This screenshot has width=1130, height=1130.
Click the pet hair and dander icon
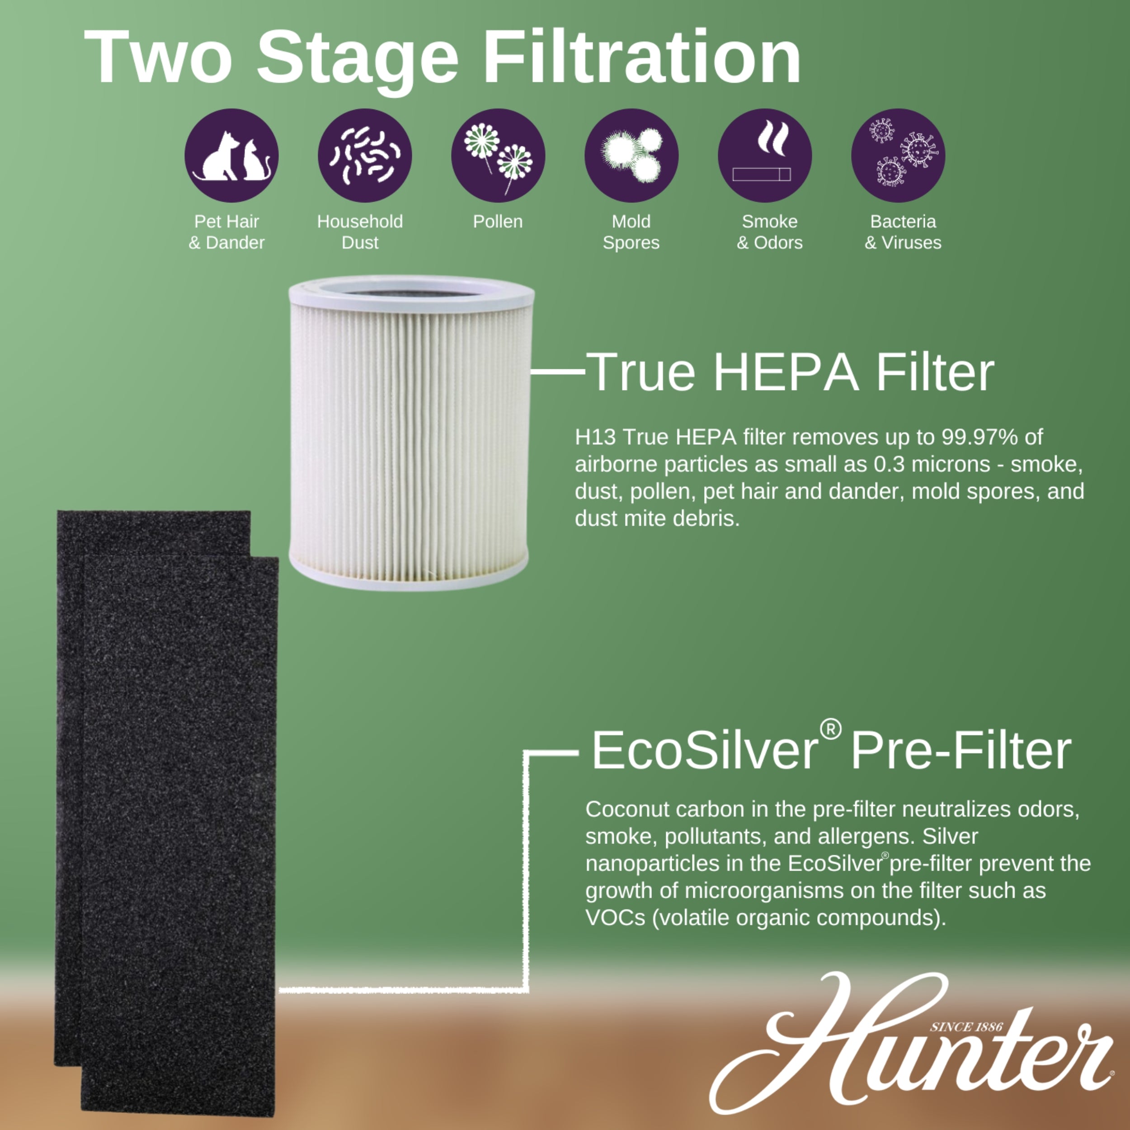tap(231, 155)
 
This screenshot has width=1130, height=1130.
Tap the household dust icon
tap(364, 155)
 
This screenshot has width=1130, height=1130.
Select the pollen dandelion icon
tap(498, 155)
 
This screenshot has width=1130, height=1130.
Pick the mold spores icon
tap(631, 155)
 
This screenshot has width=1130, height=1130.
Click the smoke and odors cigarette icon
tap(764, 155)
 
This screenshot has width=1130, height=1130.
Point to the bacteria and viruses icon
tap(898, 155)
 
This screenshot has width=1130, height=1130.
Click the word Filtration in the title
tap(642, 58)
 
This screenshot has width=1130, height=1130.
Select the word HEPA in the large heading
tap(786, 372)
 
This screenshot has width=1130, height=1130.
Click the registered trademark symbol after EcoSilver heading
tap(830, 729)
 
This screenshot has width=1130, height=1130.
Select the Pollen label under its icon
tap(498, 221)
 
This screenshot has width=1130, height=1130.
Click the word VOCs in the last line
tap(615, 918)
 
